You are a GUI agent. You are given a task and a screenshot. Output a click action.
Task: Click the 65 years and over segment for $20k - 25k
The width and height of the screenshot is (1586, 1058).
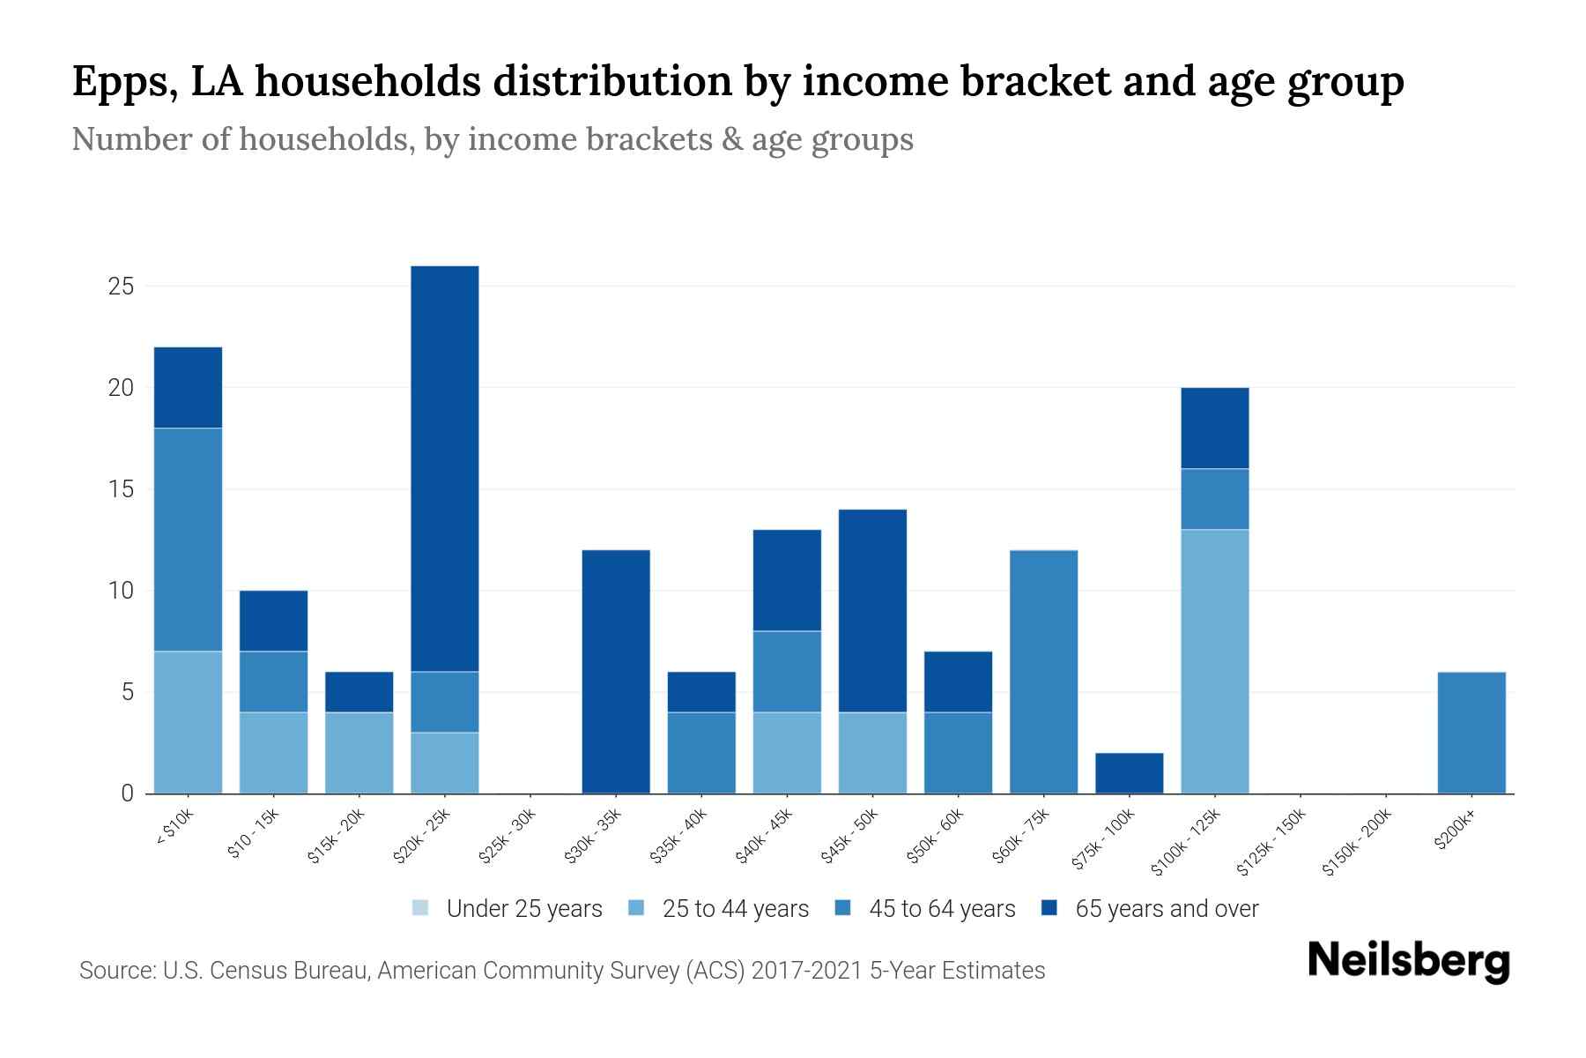point(445,468)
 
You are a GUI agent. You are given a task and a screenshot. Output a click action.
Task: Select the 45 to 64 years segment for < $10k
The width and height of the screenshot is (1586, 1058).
point(188,540)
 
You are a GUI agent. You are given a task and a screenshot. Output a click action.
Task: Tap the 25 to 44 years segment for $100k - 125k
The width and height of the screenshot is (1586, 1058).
point(1214,661)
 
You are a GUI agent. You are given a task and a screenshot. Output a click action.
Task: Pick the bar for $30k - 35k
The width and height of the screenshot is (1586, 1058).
point(616,672)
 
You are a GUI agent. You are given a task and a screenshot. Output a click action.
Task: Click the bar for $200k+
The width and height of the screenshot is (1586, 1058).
point(1471,733)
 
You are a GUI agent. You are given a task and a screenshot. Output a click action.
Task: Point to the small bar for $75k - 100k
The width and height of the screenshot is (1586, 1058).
point(1129,773)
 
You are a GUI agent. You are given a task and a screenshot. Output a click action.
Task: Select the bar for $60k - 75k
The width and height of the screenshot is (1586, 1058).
point(1043,672)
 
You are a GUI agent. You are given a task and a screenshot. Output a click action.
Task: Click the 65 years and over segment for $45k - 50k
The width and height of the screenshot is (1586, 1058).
point(872,611)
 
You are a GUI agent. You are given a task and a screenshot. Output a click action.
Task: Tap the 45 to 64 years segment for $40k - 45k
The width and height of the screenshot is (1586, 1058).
point(787,672)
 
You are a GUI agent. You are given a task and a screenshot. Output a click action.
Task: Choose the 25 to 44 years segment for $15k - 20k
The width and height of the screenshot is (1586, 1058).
point(359,753)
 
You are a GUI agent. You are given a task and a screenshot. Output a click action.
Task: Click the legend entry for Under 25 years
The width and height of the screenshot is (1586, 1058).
point(508,909)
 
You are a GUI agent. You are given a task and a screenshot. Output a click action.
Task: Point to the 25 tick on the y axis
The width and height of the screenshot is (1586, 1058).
point(121,287)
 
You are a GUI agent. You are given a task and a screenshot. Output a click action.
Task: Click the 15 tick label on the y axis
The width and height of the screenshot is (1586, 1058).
point(121,489)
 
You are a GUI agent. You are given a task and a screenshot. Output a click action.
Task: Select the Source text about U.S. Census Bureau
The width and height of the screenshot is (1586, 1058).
point(562,971)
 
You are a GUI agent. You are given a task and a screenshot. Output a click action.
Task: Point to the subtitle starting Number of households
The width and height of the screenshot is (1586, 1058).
point(492,139)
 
